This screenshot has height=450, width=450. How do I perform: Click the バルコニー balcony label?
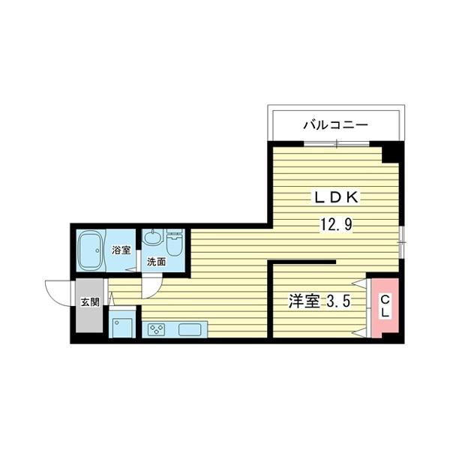[335, 125]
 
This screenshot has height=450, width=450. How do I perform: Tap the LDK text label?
[337, 197]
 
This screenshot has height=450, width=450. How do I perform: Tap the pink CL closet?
[384, 307]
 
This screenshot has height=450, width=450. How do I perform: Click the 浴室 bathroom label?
[121, 250]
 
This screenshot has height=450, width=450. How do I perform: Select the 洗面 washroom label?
[156, 262]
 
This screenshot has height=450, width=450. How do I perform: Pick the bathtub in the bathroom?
[91, 250]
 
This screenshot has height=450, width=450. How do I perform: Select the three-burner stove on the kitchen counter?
[157, 328]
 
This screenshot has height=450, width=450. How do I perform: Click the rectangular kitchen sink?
[188, 328]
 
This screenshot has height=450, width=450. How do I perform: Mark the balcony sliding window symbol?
[337, 142]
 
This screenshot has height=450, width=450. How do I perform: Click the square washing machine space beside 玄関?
[121, 326]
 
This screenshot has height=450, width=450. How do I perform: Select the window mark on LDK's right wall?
[402, 241]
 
